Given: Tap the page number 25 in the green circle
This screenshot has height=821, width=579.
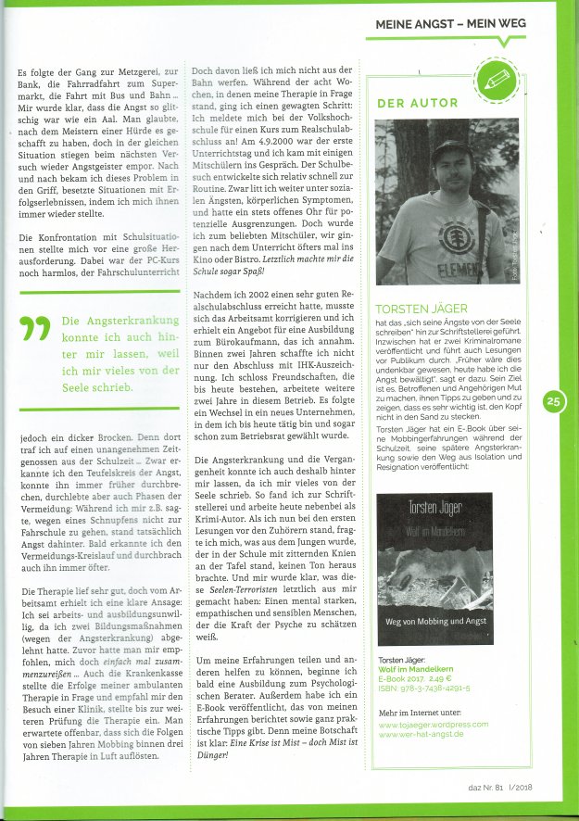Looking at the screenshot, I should [x=554, y=401].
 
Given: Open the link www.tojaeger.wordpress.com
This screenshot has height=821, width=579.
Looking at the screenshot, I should [x=434, y=722].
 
